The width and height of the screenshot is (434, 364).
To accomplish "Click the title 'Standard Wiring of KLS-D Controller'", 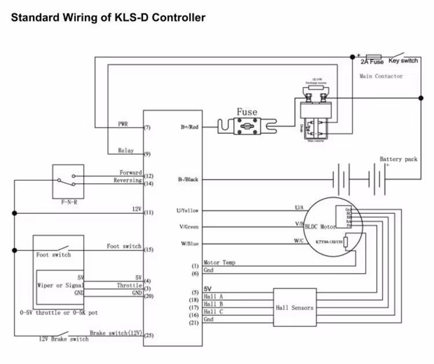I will pyautogui.click(x=108, y=18).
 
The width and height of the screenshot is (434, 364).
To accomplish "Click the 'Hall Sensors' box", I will pyautogui.click(x=295, y=307).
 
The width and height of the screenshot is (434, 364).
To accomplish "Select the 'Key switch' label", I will pyautogui.click(x=403, y=60).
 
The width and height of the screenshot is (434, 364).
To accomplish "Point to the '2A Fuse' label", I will pyautogui.click(x=372, y=61).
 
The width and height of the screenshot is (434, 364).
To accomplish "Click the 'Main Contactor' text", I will pyautogui.click(x=381, y=76).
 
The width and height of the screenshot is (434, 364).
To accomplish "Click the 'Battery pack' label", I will pyautogui.click(x=398, y=159).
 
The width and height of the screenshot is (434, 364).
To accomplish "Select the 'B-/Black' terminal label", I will pyautogui.click(x=188, y=180).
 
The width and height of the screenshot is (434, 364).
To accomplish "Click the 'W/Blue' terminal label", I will pyautogui.click(x=188, y=243).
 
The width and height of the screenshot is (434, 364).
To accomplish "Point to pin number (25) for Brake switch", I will pyautogui.click(x=148, y=336).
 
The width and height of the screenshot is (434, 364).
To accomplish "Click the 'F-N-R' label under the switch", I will pyautogui.click(x=69, y=204).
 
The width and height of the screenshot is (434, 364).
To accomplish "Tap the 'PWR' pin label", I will pyautogui.click(x=123, y=124).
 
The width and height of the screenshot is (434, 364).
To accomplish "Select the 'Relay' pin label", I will pyautogui.click(x=126, y=151).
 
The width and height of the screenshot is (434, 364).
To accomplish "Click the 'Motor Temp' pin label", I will pyautogui.click(x=219, y=263).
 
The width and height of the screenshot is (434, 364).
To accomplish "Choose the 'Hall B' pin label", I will pyautogui.click(x=214, y=304).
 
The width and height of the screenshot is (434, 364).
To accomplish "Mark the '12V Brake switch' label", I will pyautogui.click(x=64, y=339).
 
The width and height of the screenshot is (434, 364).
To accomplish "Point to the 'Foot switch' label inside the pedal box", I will pyautogui.click(x=53, y=255).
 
